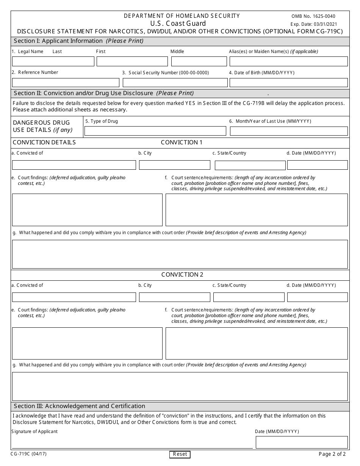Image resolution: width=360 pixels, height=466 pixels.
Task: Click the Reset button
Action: tap(180, 454)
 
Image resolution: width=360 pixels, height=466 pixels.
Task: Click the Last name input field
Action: tap(53, 61)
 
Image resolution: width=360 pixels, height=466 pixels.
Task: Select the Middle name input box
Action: tap(199, 61)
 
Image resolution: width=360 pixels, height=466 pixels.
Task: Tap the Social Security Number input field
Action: tap(175, 83)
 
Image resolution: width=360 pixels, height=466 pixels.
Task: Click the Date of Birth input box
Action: tap(288, 83)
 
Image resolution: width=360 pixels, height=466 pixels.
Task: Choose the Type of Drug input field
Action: tap(155, 131)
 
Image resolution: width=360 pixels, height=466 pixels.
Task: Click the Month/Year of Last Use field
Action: tap(288, 131)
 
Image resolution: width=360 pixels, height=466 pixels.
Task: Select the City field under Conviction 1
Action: tap(174, 165)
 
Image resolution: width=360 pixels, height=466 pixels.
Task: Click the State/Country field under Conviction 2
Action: tap(249, 297)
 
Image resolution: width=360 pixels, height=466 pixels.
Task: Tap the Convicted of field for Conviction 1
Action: tap(74, 165)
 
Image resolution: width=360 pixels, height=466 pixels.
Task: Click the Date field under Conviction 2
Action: tap(317, 297)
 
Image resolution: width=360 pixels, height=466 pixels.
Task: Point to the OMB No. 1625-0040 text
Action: tap(313, 16)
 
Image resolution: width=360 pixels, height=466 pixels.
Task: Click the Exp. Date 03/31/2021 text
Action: tap(313, 24)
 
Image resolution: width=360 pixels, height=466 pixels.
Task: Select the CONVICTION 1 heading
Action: tap(182, 142)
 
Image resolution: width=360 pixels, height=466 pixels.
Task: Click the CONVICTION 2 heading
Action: tap(182, 275)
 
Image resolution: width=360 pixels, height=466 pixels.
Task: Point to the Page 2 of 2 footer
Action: tap(332, 454)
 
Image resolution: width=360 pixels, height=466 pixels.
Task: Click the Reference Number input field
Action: tap(66, 83)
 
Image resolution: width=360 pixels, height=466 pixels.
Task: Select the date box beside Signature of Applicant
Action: tap(301, 442)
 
